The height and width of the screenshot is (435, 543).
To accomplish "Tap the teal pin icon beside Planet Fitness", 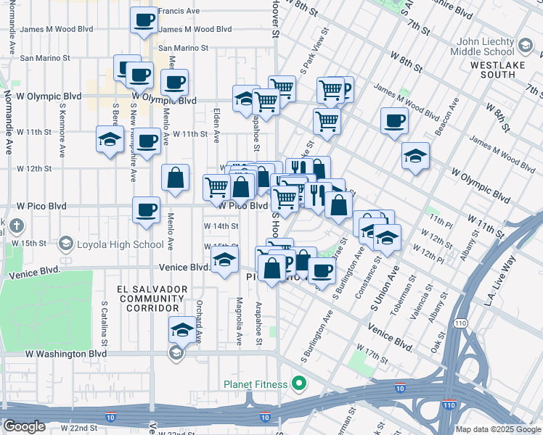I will (x=298, y=383).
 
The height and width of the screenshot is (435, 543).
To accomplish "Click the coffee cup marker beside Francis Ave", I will (x=144, y=20).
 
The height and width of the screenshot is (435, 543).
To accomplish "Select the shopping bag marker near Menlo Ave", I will (x=175, y=178).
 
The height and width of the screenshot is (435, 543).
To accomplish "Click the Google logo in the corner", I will (x=24, y=426).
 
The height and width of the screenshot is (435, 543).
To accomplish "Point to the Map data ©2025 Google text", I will (x=497, y=429).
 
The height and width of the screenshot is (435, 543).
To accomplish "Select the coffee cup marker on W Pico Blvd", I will (x=146, y=211).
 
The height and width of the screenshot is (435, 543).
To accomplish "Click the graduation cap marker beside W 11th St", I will (x=110, y=140).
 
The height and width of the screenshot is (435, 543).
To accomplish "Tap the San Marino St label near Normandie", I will (x=44, y=57).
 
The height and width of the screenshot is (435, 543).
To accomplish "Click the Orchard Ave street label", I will (x=198, y=313).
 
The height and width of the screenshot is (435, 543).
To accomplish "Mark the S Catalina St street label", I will (x=105, y=323).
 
